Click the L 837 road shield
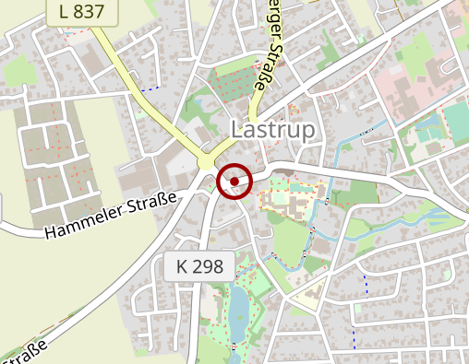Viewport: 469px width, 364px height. (x=87, y=11)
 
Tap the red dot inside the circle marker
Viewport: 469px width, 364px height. (x=235, y=181)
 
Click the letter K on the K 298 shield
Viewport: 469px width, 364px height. (x=183, y=267)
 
